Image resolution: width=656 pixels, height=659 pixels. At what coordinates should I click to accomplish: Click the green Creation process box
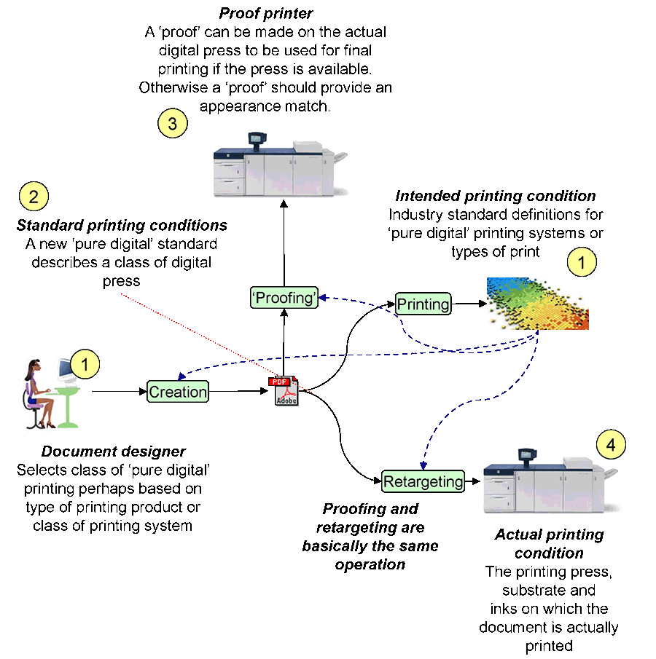(x=178, y=392)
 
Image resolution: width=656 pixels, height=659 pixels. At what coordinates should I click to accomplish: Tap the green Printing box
(x=423, y=304)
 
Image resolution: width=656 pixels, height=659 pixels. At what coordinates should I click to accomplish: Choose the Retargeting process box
(x=423, y=481)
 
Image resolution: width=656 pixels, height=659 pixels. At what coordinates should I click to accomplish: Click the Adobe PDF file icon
(x=285, y=391)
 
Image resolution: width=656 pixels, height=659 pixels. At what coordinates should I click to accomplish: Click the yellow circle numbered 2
(x=34, y=196)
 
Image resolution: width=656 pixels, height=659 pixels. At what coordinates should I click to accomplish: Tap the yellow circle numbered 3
(x=172, y=123)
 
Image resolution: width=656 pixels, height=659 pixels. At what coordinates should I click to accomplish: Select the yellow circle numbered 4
(x=611, y=444)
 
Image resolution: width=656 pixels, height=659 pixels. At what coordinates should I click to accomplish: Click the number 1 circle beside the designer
(x=85, y=364)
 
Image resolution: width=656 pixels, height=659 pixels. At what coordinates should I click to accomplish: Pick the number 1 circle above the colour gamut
(x=582, y=263)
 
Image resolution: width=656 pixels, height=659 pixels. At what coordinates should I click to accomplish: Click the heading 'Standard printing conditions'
(x=122, y=225)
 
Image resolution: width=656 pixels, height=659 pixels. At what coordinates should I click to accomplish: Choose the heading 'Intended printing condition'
(x=496, y=196)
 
